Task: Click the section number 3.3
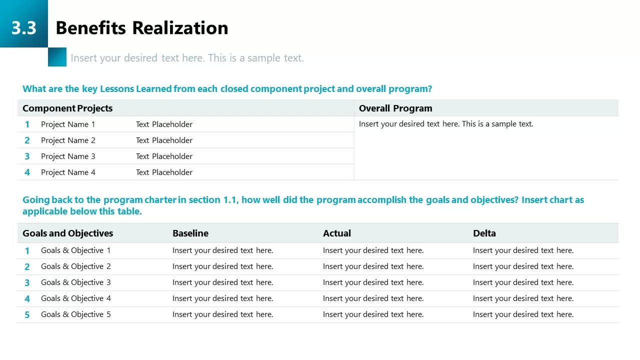point(23,28)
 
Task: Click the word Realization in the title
point(180,28)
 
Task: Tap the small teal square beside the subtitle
point(57,57)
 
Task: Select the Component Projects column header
point(67,108)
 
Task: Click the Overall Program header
point(395,108)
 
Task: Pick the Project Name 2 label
point(68,140)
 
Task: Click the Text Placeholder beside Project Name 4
point(164,172)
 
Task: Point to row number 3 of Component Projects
point(27,156)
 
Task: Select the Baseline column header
point(190,233)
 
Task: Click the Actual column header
point(337,233)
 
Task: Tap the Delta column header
point(484,233)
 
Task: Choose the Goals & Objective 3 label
point(75,282)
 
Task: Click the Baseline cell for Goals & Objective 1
point(222,250)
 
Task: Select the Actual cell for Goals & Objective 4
point(373,298)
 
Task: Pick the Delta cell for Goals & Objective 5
point(523,314)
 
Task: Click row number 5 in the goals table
point(27,314)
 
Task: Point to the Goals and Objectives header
point(67,233)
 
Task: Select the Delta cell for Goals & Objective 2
point(523,266)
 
